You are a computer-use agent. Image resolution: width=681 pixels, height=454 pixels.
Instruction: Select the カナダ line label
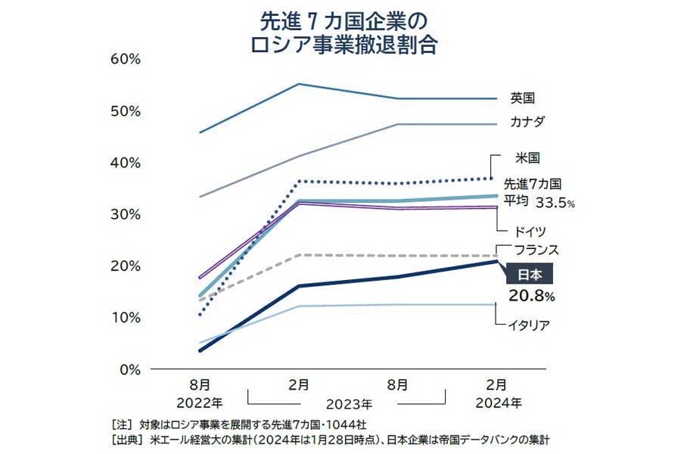point(528,122)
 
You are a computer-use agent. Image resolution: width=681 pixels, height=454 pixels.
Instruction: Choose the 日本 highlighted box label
point(529,273)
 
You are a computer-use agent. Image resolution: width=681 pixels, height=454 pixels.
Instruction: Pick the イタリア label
point(529,325)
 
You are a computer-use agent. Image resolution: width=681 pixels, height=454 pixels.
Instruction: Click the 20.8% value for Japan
point(536,295)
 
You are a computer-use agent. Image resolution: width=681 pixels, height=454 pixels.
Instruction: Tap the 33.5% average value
point(556,203)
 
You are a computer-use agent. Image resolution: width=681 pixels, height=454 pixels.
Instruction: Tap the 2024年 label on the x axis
point(496,401)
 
